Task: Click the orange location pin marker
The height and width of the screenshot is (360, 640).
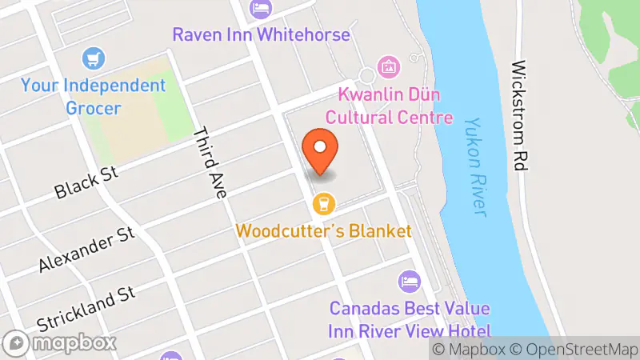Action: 321,150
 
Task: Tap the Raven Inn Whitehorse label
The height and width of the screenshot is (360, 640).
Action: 262,35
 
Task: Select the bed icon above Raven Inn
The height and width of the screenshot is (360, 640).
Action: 262,9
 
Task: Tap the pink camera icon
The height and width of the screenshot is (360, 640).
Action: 389,66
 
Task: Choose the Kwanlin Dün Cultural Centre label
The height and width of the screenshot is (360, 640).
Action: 396,106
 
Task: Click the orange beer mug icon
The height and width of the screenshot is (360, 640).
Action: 323,204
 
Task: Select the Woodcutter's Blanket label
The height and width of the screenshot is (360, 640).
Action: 323,231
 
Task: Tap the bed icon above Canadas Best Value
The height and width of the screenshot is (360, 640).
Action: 409,282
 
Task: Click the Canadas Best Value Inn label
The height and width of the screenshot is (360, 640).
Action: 409,318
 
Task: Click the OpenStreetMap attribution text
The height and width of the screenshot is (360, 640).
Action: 574,349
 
